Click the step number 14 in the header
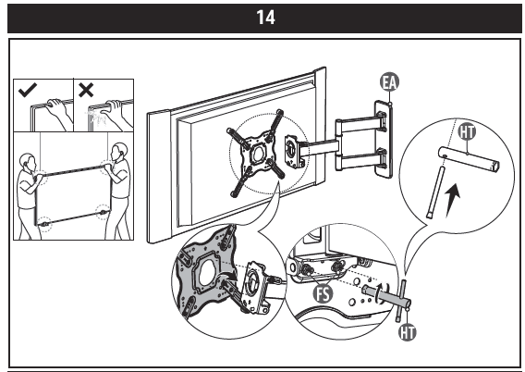[262, 16]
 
